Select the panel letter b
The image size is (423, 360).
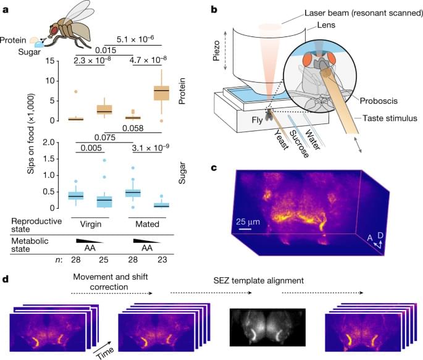tap(214, 10)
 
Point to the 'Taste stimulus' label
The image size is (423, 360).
tap(387, 117)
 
